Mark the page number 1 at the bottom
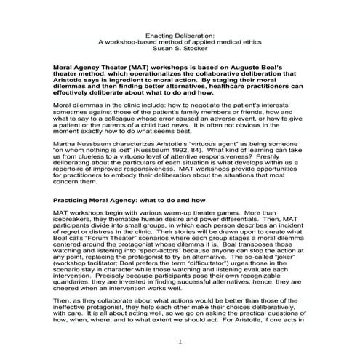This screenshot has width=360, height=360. [x=179, y=342]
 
